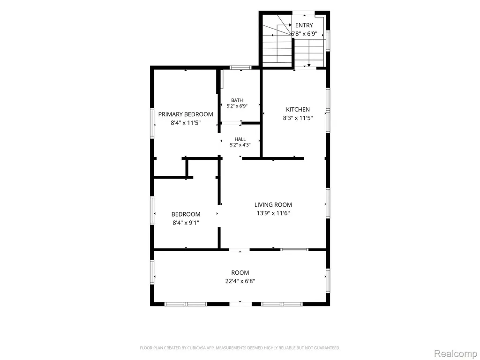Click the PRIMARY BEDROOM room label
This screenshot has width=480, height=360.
tap(186, 114)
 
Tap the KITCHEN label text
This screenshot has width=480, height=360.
tap(298, 109)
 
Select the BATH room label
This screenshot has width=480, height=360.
tap(237, 100)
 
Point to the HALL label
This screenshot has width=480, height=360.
tap(240, 139)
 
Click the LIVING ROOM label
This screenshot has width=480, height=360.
tap(273, 205)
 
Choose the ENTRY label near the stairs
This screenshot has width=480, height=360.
tap(304, 25)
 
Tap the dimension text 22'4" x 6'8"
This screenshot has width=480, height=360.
tap(240, 281)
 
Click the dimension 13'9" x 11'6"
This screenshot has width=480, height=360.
tap(273, 213)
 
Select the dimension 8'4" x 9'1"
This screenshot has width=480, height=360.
tap(186, 223)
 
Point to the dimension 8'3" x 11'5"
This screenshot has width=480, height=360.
tap(298, 118)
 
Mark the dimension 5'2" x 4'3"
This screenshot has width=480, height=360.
tap(240, 145)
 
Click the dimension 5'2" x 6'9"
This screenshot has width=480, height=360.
tap(237, 106)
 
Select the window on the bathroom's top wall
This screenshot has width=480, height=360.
tap(240, 67)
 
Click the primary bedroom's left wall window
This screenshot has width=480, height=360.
tap(152, 123)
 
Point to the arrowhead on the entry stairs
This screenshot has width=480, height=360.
tap(309, 65)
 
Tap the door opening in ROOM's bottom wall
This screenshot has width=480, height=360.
tap(240, 304)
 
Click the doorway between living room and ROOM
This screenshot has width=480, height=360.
tap(240, 250)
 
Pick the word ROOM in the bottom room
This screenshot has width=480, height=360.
tap(240, 272)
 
